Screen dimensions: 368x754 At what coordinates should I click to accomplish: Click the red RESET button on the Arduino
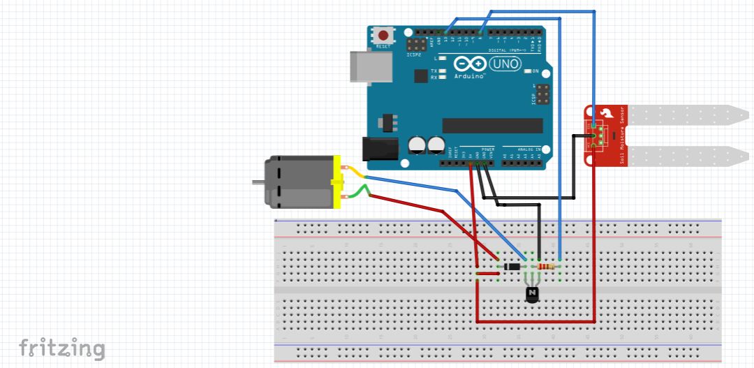tap(383, 35)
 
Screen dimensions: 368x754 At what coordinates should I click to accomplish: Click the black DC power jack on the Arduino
tap(375, 149)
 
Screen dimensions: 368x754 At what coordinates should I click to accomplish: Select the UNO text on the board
tap(505, 64)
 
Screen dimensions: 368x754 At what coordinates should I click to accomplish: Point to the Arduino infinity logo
tap(470, 64)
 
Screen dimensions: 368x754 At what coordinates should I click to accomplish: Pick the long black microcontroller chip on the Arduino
tap(492, 125)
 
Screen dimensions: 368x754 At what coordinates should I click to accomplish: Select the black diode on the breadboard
tap(513, 266)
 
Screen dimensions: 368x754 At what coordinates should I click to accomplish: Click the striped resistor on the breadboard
tap(547, 266)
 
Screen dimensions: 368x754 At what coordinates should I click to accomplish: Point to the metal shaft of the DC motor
tap(258, 182)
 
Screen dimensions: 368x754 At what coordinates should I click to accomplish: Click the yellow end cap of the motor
tap(339, 182)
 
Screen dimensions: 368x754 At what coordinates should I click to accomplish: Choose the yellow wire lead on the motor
tap(355, 172)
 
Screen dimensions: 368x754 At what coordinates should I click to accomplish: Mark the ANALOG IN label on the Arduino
tap(526, 149)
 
